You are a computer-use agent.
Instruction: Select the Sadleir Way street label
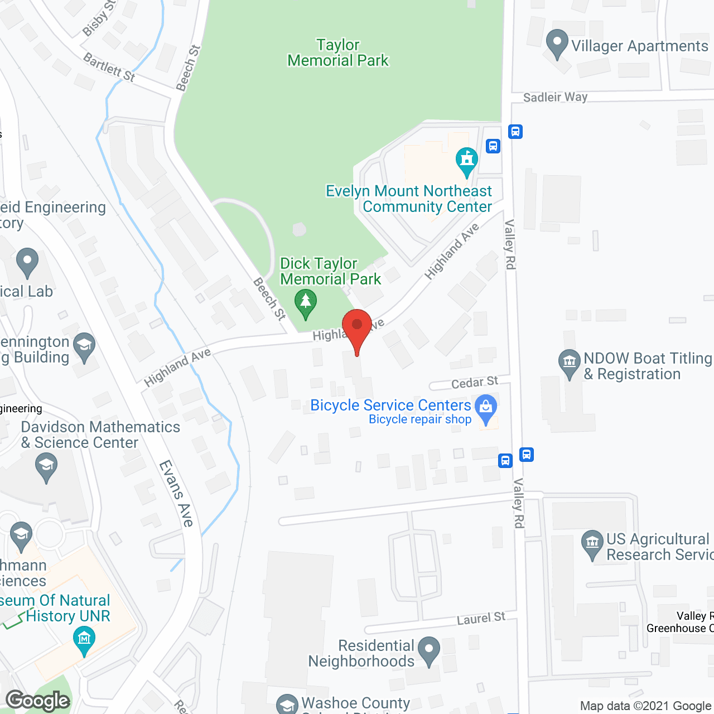(555, 97)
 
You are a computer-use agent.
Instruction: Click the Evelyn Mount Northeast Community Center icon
(467, 160)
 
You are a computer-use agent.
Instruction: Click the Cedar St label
(474, 383)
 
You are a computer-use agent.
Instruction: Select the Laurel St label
(481, 618)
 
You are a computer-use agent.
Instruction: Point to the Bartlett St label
(109, 67)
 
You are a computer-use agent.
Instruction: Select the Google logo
(38, 701)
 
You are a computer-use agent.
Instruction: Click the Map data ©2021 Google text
(646, 706)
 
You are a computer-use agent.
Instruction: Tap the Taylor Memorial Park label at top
(337, 52)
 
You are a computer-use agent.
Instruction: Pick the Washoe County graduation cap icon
(287, 705)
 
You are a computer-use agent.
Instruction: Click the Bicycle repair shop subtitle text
(420, 419)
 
